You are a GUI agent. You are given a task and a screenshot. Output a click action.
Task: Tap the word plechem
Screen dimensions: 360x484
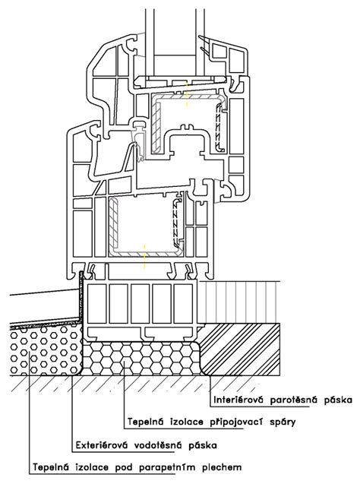pyautogui.click(x=222, y=467)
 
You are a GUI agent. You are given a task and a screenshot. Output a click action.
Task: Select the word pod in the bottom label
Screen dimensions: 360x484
pyautogui.click(x=124, y=468)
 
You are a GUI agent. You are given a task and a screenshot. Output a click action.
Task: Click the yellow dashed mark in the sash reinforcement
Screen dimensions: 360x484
pyautogui.click(x=186, y=94)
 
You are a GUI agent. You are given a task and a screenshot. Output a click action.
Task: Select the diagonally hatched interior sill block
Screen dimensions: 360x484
pyautogui.click(x=241, y=349)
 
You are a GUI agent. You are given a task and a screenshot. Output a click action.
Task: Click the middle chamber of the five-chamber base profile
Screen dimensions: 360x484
pyautogui.click(x=141, y=304)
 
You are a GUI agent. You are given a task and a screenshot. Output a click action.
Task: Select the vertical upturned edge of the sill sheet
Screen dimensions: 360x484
pyautogui.click(x=82, y=296)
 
